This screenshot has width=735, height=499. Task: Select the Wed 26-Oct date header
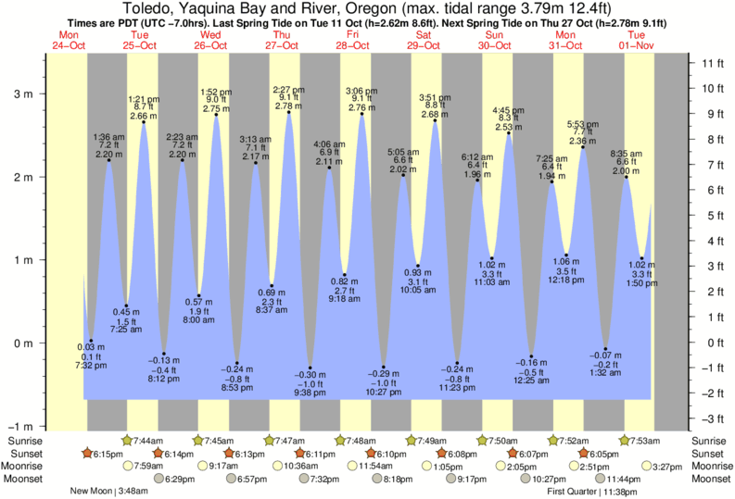pos(210,41)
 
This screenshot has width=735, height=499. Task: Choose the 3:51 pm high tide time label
pos(433,97)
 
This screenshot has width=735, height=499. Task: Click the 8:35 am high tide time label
pos(627,154)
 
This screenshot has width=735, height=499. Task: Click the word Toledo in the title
pos(147,7)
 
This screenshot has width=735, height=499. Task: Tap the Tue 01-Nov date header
pos(639,41)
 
